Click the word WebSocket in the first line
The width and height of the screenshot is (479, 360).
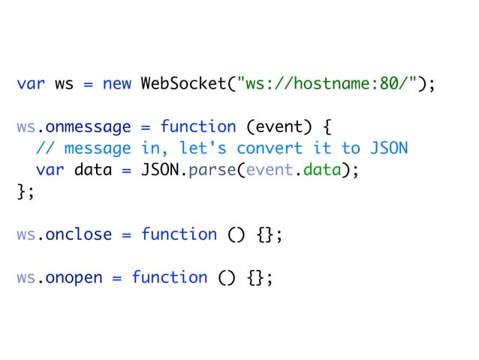pos(182,83)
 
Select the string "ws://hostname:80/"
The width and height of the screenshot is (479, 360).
pos(329,83)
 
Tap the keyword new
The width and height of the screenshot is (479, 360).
pos(116,83)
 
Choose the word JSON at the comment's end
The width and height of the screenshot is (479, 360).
pos(390,148)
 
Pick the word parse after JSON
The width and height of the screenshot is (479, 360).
pos(211,170)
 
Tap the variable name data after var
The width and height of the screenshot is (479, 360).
pos(92,170)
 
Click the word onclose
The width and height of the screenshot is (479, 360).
pos(79,234)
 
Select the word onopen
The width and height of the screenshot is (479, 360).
pos(74,277)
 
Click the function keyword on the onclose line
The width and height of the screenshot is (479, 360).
pos(179,234)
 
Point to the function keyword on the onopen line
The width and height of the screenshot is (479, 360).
pos(169,277)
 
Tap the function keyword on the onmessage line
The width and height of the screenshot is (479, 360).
pos(197,126)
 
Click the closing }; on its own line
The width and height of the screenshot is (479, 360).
pos(25,191)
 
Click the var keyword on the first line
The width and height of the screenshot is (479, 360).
pos(31,83)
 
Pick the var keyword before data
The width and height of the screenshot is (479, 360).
pos(50,170)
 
